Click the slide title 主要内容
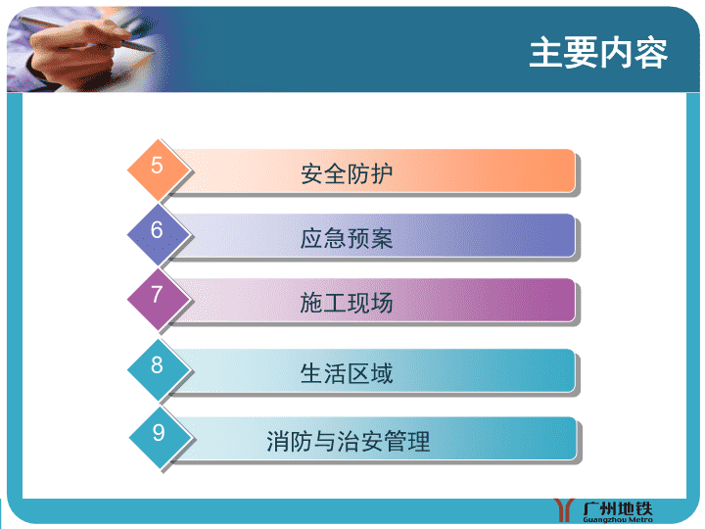pos(598,53)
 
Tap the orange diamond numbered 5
pos(159,169)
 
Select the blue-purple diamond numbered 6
pos(159,234)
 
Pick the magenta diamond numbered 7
pos(159,300)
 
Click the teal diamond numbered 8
pos(159,369)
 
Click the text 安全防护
pos(347,173)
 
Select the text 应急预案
pos(347,238)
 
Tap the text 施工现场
pos(347,303)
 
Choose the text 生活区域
pos(347,373)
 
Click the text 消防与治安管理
pos(349,441)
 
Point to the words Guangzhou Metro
pos(618,520)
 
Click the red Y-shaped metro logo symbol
pos(564,509)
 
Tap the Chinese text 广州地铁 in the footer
pos(618,508)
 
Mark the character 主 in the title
pos(545,53)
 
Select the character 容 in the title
pos(651,53)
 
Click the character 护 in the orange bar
pos(382,173)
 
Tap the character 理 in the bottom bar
pos(419,441)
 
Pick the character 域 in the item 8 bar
pos(382,373)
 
